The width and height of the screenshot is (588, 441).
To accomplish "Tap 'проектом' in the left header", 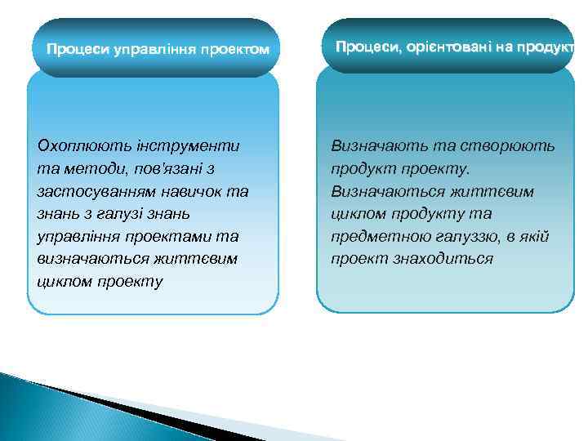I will [x=232, y=49].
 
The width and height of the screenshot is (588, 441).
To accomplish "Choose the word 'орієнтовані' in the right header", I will [x=445, y=47].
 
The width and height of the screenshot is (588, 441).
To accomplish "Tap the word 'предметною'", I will [x=376, y=237].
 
